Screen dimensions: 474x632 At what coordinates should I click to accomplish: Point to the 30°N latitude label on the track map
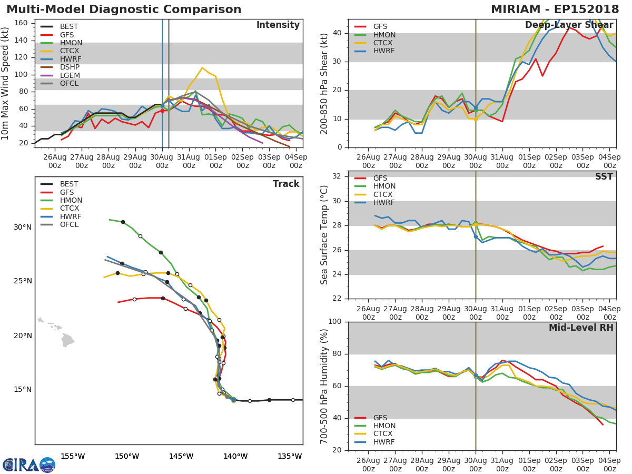tap(23, 228)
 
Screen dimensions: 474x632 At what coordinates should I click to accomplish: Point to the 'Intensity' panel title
tap(278, 25)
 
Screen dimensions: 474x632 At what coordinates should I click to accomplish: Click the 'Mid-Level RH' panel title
tap(581, 328)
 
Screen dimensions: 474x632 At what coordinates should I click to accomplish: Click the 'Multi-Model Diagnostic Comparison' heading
tap(124, 9)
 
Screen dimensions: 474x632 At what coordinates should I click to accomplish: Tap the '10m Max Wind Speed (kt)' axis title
tap(6, 83)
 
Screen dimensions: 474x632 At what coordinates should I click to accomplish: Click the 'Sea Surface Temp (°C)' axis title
tap(324, 235)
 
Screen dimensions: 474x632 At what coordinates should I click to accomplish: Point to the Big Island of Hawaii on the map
tap(67, 340)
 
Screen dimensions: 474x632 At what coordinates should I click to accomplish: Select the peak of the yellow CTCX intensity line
tap(202, 67)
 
